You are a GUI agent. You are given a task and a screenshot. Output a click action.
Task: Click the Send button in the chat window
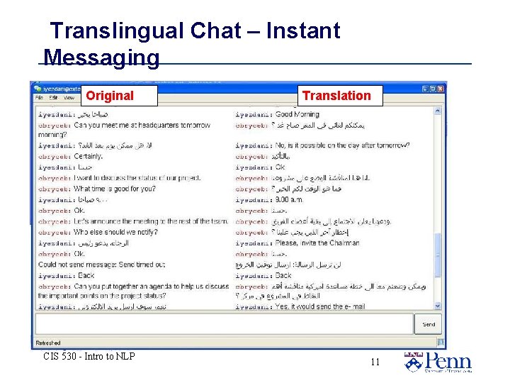point(429,324)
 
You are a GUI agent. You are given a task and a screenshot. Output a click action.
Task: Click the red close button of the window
point(441,89)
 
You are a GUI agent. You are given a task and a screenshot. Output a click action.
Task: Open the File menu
point(40,97)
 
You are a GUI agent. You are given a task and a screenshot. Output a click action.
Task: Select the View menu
point(69,97)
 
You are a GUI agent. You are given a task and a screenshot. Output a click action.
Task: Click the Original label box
point(109,96)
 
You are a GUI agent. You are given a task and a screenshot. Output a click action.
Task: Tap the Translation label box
point(336,96)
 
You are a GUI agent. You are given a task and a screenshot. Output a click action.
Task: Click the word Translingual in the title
point(116,31)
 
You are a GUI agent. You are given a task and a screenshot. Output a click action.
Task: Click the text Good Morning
point(297,114)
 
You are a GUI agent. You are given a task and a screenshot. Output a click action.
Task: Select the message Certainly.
point(89,156)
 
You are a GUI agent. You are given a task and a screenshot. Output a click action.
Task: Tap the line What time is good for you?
point(115,189)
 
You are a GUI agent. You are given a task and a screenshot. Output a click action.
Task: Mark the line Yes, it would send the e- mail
point(321,306)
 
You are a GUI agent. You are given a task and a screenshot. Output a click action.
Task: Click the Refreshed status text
point(49,343)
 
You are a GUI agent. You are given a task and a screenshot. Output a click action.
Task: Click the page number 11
point(375,362)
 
